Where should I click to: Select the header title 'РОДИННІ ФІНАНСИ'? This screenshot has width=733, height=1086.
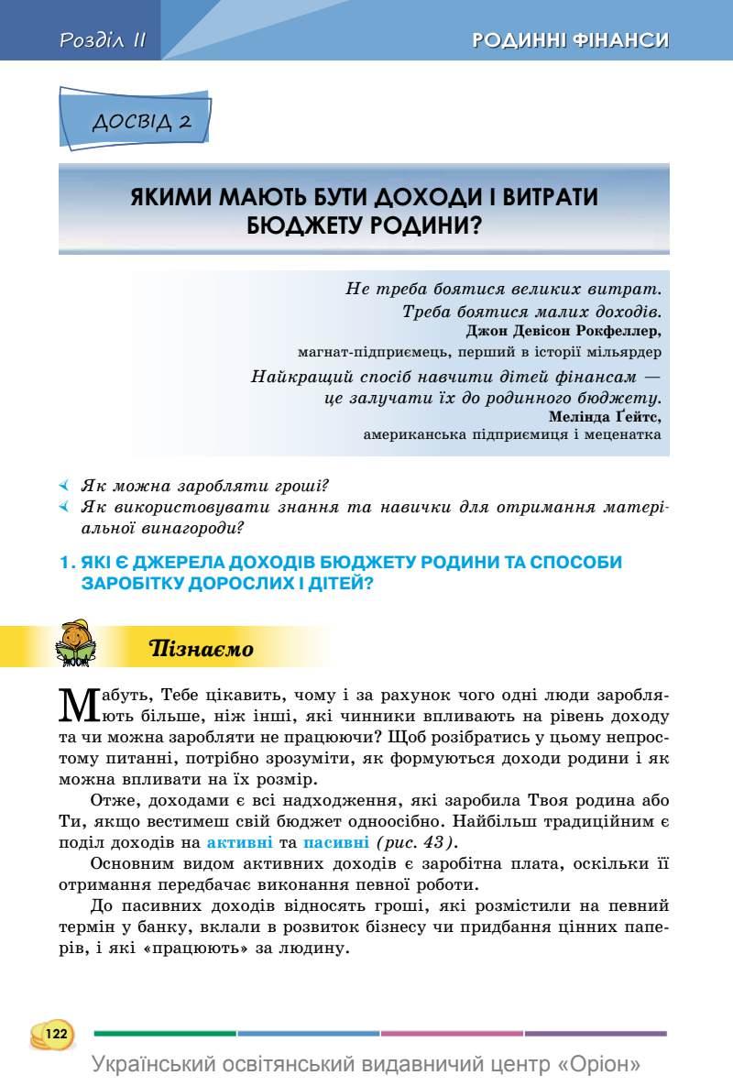pyautogui.click(x=570, y=40)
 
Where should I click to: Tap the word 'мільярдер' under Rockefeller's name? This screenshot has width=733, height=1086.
pyautogui.click(x=623, y=351)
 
